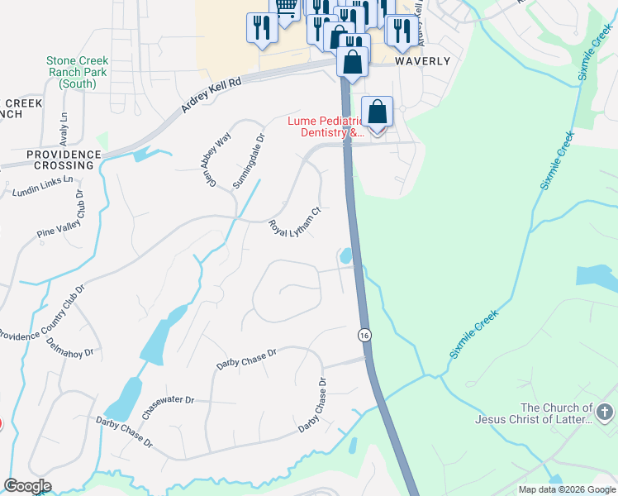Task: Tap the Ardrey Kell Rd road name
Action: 212,95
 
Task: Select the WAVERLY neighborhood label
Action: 422,61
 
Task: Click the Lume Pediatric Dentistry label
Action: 326,126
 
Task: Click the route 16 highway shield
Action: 364,335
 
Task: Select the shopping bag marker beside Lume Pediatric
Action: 377,112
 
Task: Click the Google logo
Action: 27,486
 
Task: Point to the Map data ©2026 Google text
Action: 566,489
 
